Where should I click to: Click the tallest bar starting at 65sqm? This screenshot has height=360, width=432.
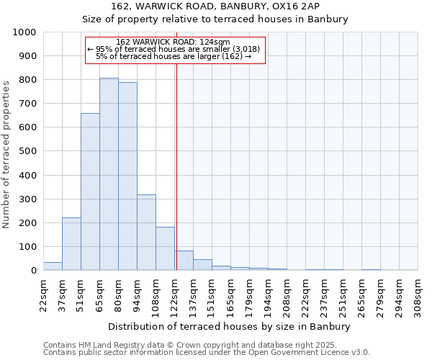pos(109,174)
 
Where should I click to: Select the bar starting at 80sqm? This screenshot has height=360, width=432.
pos(127,176)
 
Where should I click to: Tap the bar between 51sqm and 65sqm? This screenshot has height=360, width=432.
pos(90,192)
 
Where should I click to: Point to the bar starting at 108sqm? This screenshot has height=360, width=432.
pos(165,249)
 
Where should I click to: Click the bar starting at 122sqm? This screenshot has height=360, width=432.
pos(184,261)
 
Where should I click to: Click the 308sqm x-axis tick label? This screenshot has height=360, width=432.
pos(418,296)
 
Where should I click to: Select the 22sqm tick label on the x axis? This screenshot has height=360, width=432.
pos(43,296)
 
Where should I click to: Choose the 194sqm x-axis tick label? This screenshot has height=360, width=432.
pos(268,296)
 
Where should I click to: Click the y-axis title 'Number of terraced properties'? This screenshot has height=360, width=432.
pos(6,154)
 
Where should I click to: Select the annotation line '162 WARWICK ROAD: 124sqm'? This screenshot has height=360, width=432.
pos(173,42)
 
